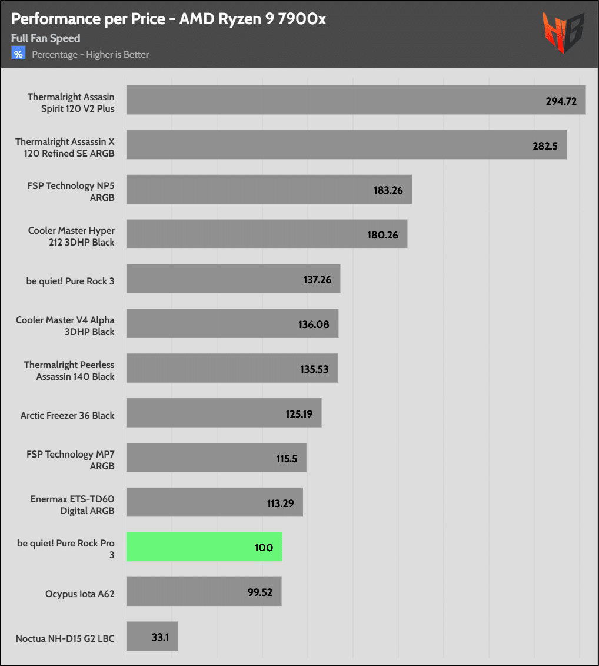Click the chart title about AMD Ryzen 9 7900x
click(168, 19)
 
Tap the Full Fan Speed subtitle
click(45, 38)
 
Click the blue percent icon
click(18, 54)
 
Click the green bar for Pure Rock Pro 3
click(204, 547)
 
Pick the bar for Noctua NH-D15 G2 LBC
click(152, 637)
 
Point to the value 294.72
click(561, 101)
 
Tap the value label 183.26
click(388, 190)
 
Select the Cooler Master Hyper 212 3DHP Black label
click(71, 236)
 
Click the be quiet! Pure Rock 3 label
click(70, 281)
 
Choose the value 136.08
click(314, 324)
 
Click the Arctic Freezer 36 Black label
click(67, 415)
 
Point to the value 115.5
click(287, 458)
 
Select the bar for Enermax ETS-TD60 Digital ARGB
click(214, 502)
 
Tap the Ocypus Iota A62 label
click(79, 594)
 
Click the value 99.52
click(259, 592)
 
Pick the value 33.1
click(160, 637)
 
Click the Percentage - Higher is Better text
click(90, 55)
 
